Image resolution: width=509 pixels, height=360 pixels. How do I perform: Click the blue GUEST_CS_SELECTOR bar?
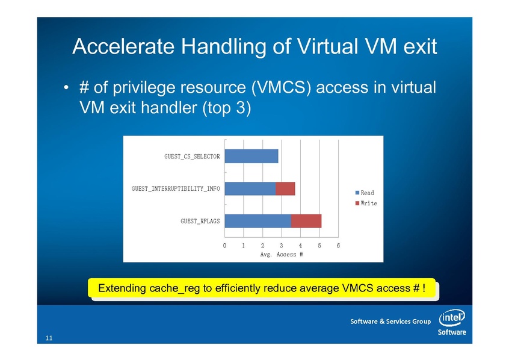251,157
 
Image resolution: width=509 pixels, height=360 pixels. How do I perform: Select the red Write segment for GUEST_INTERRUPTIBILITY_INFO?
285,189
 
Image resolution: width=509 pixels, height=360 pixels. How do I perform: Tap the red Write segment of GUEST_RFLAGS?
306,221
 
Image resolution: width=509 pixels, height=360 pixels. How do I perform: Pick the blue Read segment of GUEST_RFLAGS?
258,221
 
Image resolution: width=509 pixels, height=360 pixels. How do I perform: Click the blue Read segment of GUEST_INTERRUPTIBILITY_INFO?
250,189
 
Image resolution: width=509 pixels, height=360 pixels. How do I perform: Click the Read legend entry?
365,193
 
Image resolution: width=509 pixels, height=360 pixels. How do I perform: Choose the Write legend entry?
366,203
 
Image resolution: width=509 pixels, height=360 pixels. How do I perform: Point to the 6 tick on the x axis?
338,246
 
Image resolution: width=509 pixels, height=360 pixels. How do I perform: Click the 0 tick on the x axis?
224,246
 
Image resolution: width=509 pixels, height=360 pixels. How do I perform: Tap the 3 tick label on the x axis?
282,246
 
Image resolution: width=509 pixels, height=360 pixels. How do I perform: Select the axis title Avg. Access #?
282,255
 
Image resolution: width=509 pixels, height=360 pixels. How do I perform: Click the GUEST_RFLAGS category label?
200,222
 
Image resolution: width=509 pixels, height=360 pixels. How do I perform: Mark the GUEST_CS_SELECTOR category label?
192,157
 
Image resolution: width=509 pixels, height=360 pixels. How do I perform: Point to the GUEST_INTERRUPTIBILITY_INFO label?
176,189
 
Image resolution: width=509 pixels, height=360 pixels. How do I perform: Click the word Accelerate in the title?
124,46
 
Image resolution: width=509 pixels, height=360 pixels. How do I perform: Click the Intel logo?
452,318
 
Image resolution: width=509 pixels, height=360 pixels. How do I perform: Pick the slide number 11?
49,338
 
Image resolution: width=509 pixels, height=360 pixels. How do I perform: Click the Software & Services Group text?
390,321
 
